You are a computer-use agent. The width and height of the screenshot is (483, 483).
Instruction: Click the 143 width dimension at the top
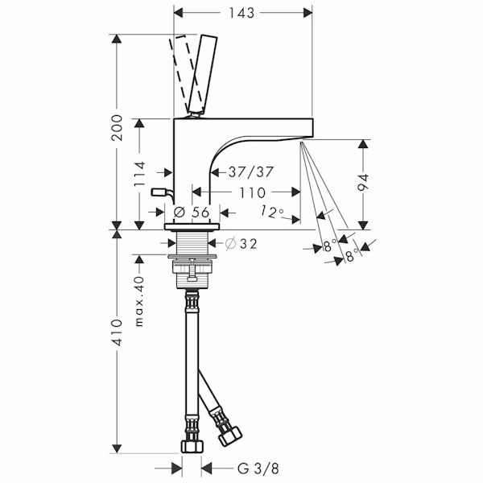pyautogui.click(x=242, y=13)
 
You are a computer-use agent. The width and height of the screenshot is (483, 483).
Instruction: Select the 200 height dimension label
pyautogui.click(x=117, y=128)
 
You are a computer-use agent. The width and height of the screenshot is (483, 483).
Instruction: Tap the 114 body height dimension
pyautogui.click(x=139, y=173)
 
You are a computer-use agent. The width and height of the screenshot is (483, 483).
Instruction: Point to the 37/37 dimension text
pyautogui.click(x=251, y=172)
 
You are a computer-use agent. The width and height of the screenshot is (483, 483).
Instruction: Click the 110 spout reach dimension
pyautogui.click(x=252, y=193)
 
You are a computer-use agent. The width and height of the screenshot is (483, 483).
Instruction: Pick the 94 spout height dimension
pyautogui.click(x=364, y=183)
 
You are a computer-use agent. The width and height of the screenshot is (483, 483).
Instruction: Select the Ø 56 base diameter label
pyautogui.click(x=192, y=213)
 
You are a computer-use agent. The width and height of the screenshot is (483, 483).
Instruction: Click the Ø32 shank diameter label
pyautogui.click(x=242, y=244)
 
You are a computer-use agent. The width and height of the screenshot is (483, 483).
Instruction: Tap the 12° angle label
pyautogui.click(x=273, y=213)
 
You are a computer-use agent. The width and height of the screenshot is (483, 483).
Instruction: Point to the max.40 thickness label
pyautogui.click(x=139, y=301)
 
